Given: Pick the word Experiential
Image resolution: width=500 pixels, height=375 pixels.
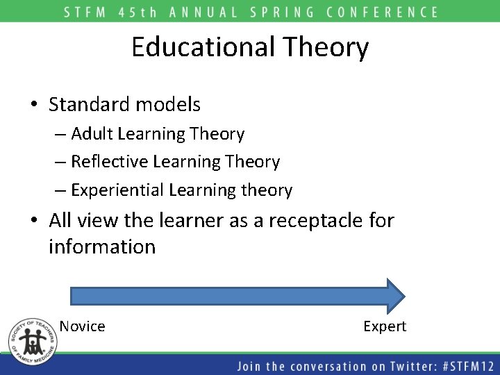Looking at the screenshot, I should [x=117, y=190].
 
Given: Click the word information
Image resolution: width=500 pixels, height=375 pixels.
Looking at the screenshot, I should [x=102, y=247].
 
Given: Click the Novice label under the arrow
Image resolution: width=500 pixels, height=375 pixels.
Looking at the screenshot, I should [x=82, y=326].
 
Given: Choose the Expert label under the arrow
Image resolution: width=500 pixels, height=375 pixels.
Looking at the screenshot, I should [x=385, y=326].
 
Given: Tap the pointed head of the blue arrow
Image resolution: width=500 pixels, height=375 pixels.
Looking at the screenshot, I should [x=394, y=296].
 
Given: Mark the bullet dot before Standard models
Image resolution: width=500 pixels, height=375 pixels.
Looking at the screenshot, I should [x=34, y=106].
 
